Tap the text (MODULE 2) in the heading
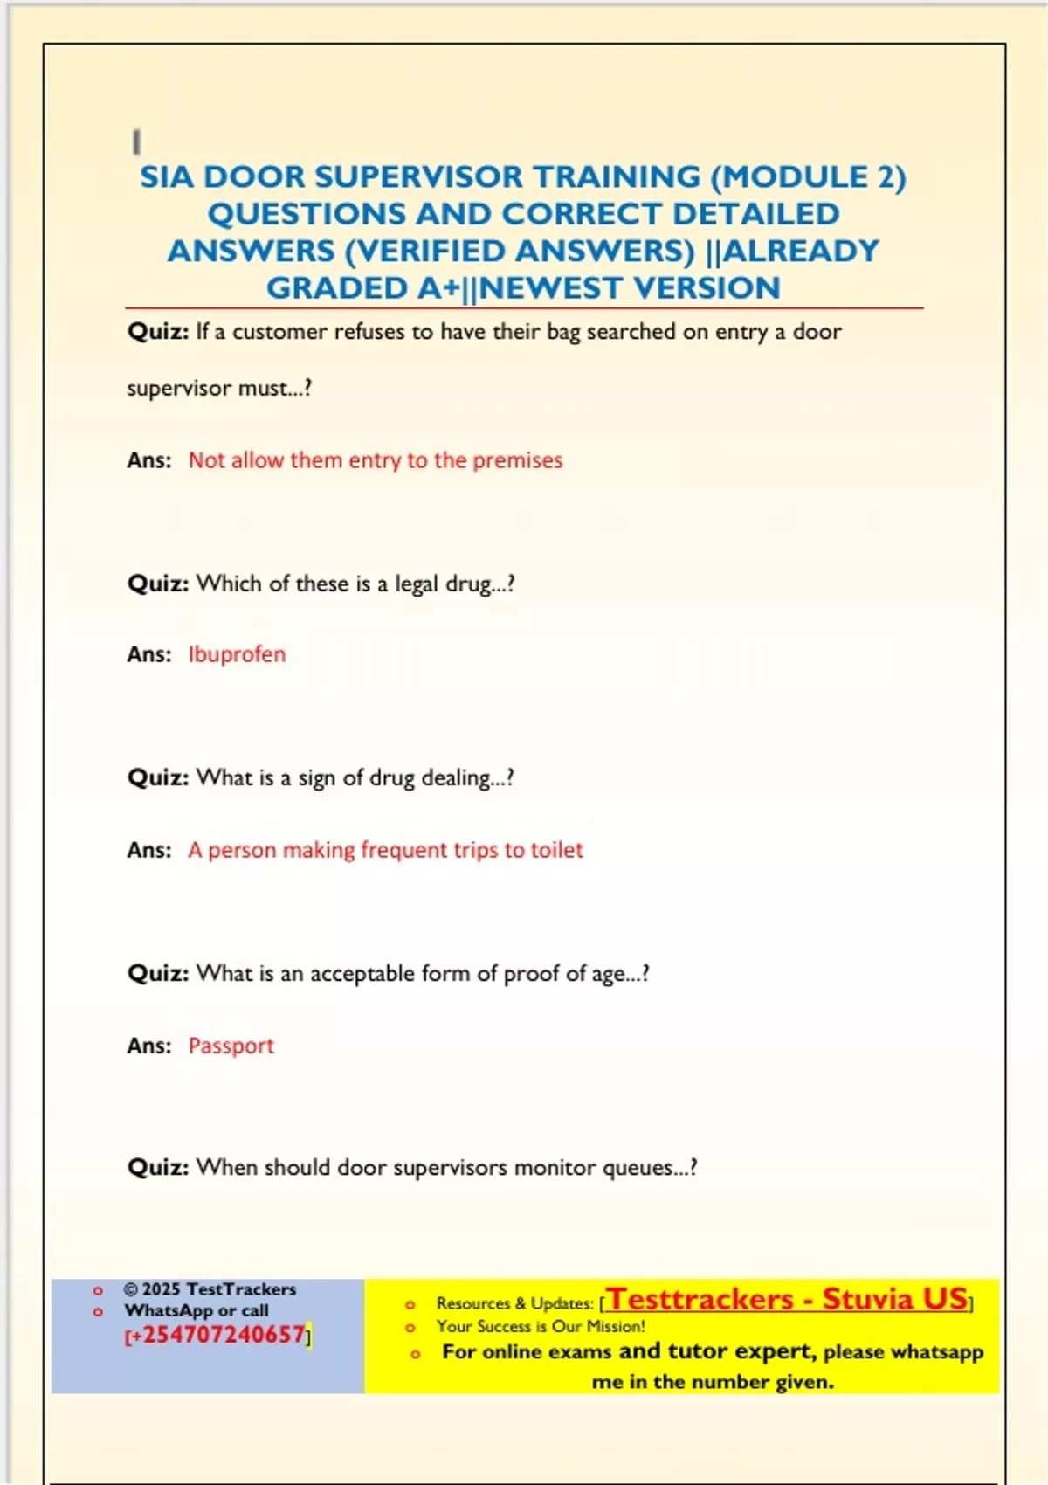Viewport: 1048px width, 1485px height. [808, 177]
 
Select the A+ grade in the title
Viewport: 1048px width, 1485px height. [438, 288]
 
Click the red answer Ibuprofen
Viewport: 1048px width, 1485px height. [237, 654]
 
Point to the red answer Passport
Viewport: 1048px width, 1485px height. [231, 1046]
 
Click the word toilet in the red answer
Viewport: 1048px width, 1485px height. [556, 850]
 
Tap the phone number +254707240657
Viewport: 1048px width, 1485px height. [218, 1335]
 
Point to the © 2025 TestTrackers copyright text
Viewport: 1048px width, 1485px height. [210, 1289]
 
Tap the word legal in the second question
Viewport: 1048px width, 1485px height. [417, 584]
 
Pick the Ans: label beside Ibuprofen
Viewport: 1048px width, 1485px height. [149, 654]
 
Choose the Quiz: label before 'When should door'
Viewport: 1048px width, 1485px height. [158, 1168]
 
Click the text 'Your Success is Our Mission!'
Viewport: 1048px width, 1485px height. [541, 1326]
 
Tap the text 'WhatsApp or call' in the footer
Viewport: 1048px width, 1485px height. [196, 1310]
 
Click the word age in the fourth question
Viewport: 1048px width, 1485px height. [608, 974]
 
